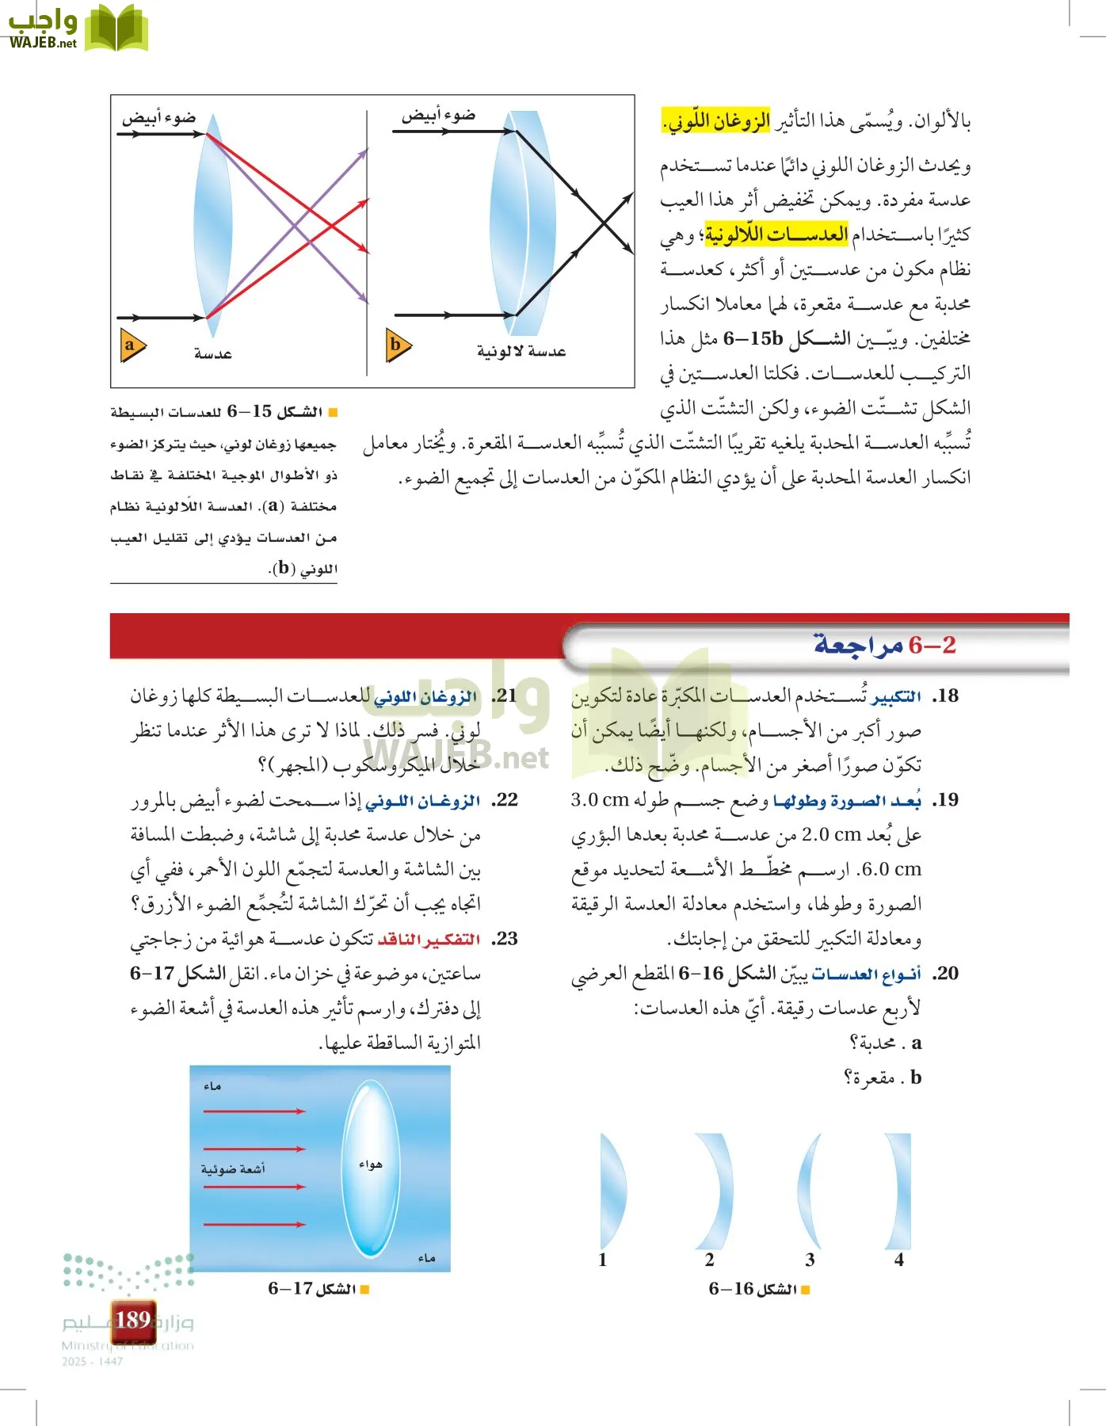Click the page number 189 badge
point(133,1320)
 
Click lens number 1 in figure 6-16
point(612,1191)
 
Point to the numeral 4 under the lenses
point(899,1260)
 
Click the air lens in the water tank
point(371,1169)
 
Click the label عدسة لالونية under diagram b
point(521,351)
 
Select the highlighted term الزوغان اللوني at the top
point(716,121)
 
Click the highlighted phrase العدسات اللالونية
point(776,234)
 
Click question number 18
point(945,696)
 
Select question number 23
point(505,939)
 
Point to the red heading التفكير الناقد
point(429,940)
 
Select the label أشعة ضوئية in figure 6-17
point(233,1169)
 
